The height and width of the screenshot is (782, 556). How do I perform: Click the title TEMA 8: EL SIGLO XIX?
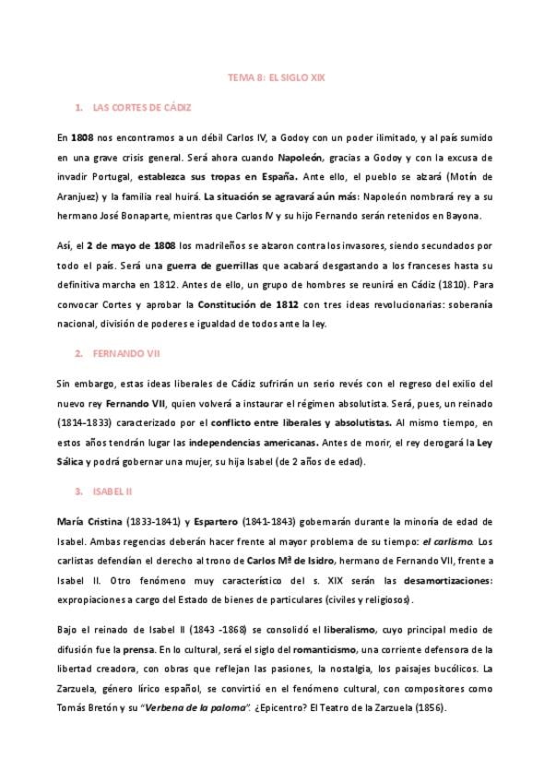277,79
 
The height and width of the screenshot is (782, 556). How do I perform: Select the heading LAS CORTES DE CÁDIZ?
142,108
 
